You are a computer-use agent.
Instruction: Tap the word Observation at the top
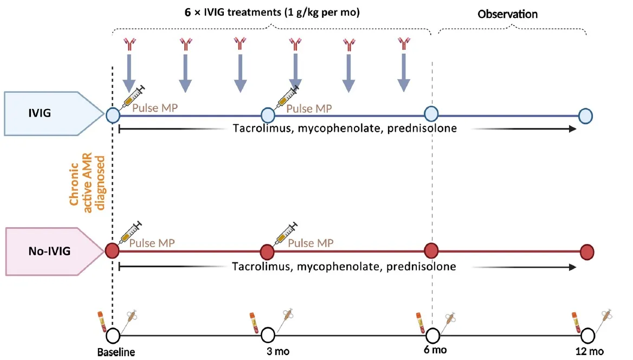pyautogui.click(x=507, y=14)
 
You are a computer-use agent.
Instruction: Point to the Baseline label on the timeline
pyautogui.click(x=115, y=351)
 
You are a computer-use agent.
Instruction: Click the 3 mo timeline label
pyautogui.click(x=278, y=351)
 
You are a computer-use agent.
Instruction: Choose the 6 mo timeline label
pyautogui.click(x=435, y=350)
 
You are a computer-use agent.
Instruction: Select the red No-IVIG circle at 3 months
pyautogui.click(x=267, y=252)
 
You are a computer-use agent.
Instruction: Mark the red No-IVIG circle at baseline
pyautogui.click(x=112, y=251)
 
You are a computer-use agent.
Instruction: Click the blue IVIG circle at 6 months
pyautogui.click(x=431, y=114)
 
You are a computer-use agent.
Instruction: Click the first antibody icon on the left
pyautogui.click(x=128, y=43)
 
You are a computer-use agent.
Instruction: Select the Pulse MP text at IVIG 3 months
pyautogui.click(x=308, y=108)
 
